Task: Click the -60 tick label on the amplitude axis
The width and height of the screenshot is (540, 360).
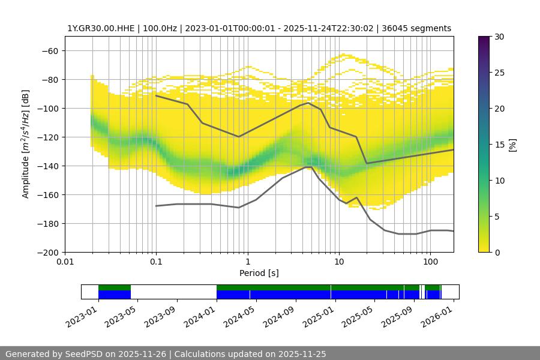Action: point(50,51)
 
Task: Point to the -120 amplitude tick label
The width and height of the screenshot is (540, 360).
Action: point(48,137)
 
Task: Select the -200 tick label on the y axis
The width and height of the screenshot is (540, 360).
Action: point(48,253)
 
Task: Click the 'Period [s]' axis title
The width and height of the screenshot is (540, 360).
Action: point(259,274)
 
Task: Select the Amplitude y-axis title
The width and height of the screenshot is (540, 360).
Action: point(26,144)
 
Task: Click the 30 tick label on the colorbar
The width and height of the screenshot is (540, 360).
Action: point(499,37)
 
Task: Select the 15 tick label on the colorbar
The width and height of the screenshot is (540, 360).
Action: point(499,145)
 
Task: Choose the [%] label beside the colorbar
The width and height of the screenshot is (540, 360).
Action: point(513,145)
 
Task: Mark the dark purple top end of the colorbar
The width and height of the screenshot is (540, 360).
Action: point(484,39)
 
